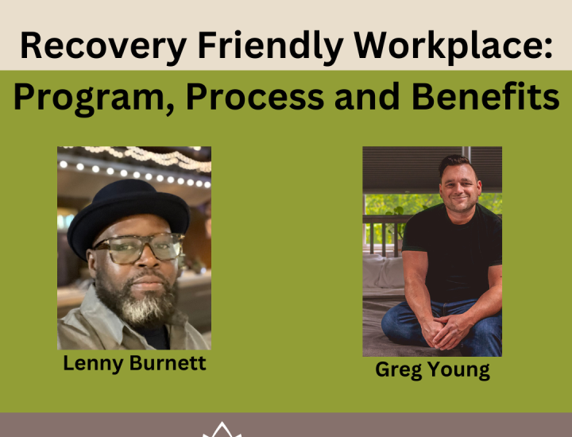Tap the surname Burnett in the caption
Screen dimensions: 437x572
pos(169,364)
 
